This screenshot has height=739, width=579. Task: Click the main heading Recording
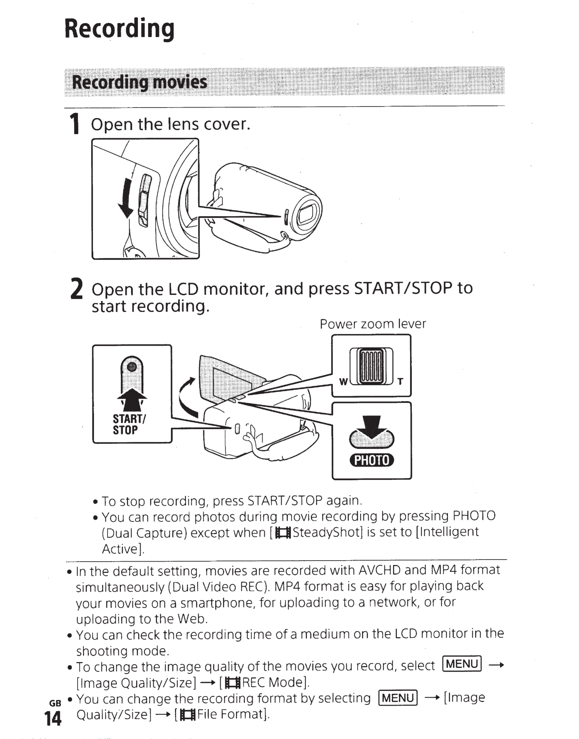click(119, 29)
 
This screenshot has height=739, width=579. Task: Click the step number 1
click(75, 124)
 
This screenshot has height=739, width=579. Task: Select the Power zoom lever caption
click(373, 324)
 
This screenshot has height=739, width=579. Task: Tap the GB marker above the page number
click(55, 703)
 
